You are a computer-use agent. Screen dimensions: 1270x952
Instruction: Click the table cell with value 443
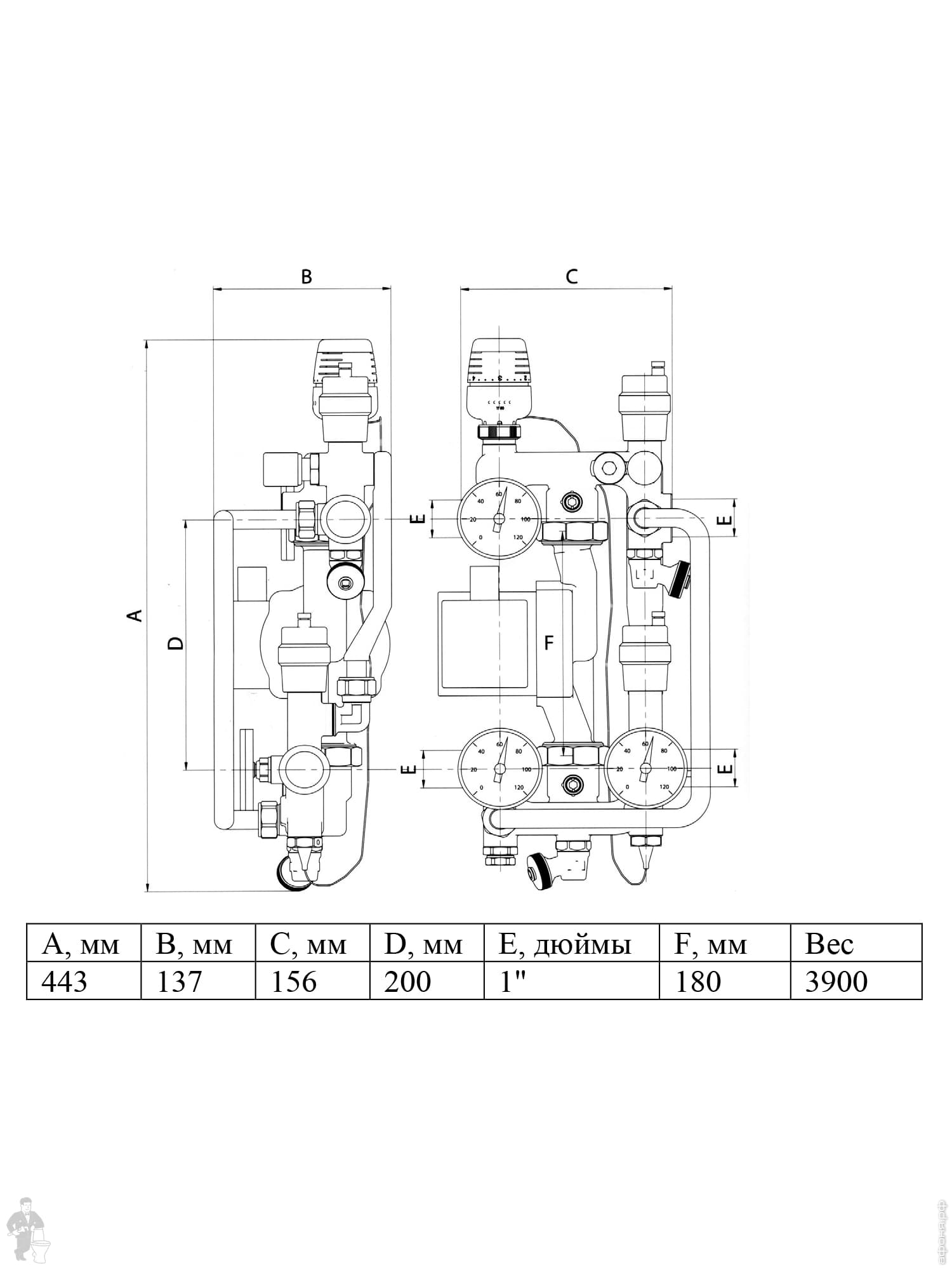pos(83,981)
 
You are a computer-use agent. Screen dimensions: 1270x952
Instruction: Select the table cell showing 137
pos(198,981)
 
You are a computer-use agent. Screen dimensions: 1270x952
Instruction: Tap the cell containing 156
pos(312,981)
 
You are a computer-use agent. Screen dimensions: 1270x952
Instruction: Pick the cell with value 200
pos(426,981)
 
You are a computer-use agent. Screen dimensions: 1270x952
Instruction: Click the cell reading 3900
pos(856,981)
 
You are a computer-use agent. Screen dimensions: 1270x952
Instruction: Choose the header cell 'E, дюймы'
pos(571,944)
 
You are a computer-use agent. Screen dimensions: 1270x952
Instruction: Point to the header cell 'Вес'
pos(856,944)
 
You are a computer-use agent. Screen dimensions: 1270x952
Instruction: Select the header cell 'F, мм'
pos(725,944)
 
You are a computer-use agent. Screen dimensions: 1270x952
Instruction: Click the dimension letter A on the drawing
pos(135,615)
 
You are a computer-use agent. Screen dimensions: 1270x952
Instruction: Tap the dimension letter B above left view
pos(306,277)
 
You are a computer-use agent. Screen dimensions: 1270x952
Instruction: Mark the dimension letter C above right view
pos(572,277)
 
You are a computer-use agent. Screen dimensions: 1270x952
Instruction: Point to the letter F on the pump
pos(549,643)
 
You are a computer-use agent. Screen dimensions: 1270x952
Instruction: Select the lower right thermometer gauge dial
pos(646,768)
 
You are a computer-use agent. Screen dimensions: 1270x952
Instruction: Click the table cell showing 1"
pos(571,981)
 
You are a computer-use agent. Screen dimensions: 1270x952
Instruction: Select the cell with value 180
pos(725,981)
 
